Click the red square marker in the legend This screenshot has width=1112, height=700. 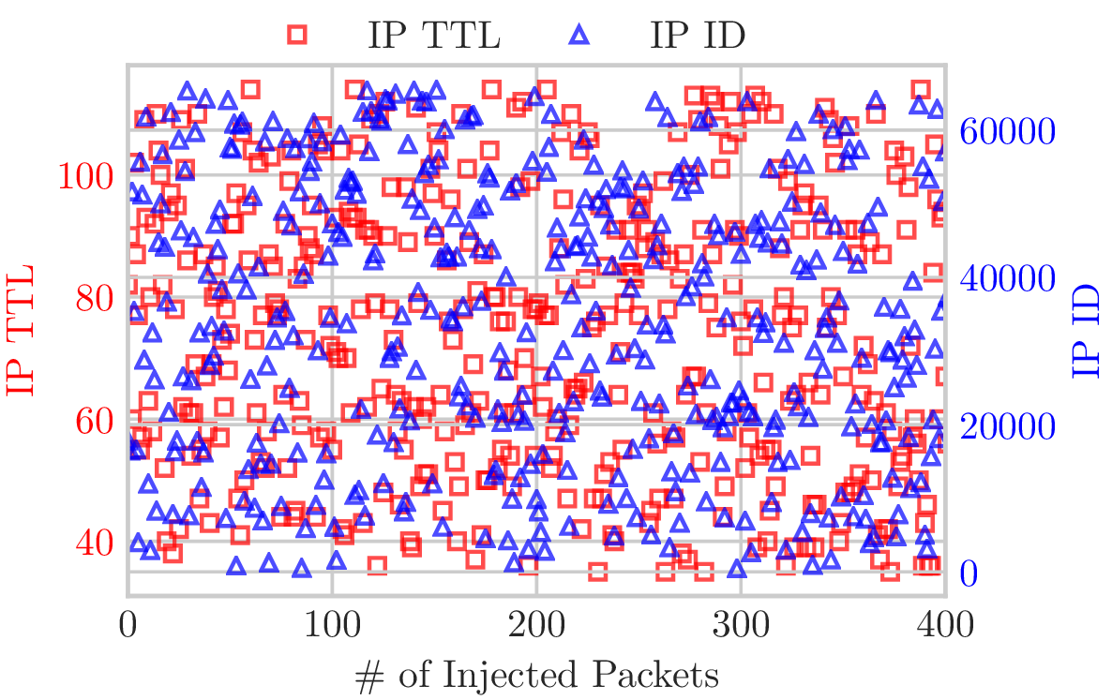(297, 35)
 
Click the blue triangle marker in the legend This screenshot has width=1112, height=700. (580, 35)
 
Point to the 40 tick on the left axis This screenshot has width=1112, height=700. (93, 542)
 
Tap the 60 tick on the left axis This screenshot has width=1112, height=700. (93, 420)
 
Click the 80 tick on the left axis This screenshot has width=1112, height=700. (93, 298)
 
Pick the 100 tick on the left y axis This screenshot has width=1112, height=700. (85, 175)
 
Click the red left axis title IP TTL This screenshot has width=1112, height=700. (21, 330)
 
